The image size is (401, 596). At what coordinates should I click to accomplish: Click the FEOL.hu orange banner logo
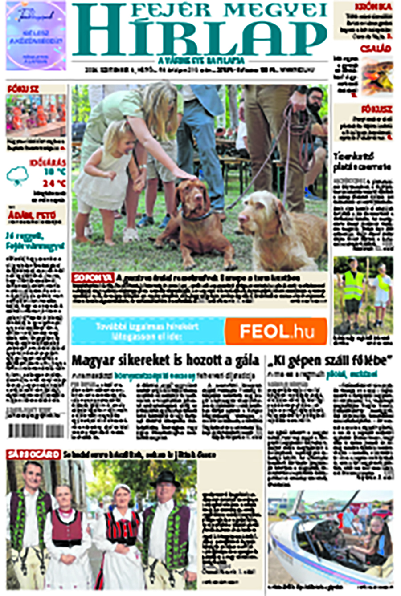coord(276,331)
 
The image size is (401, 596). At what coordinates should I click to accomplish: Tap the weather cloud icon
coord(17,176)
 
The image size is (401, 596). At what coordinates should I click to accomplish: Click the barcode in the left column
coord(36,431)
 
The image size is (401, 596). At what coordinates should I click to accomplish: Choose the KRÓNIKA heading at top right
coord(373,7)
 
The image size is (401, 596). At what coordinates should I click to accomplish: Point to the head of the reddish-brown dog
coord(192,196)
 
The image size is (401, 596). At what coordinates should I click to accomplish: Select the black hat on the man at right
coord(166,478)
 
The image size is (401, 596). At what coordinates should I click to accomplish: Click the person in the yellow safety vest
coord(352,289)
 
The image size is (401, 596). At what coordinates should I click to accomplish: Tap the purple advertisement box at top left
coord(36,36)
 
